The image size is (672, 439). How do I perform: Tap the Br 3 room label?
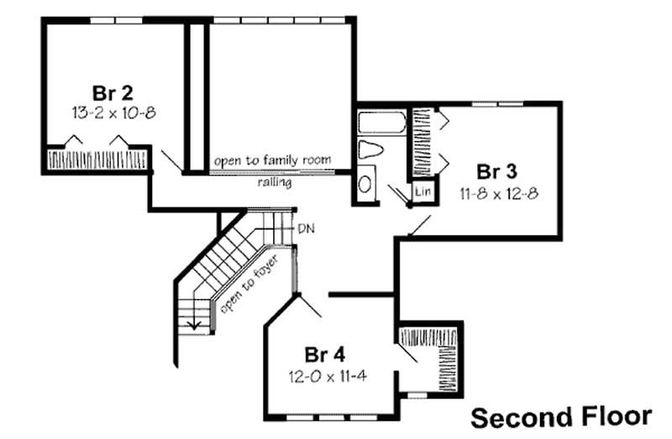[x=496, y=172]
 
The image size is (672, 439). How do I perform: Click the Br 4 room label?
[x=324, y=353]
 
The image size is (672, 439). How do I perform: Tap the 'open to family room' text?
[x=271, y=159]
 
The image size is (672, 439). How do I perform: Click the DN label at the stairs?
[x=304, y=228]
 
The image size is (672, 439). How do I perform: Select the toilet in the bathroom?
[x=370, y=151]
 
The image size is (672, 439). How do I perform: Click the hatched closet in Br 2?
[x=96, y=159]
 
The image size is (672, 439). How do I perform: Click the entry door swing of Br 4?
[x=311, y=304]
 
